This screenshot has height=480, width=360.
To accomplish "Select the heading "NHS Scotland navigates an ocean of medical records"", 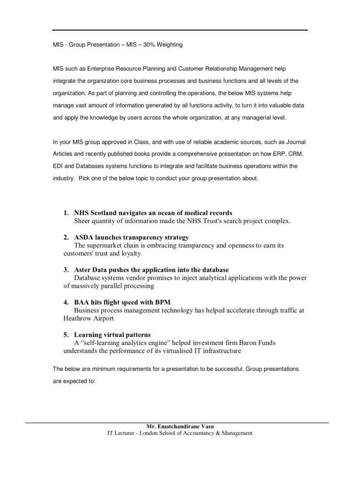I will pos(153,213).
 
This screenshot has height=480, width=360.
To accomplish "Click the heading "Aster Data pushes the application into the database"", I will pos(151,270).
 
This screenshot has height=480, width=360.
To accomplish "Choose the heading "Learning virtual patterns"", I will pos(112,335).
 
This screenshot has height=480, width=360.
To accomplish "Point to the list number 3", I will pos(66,270).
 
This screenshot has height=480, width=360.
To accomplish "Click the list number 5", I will pos(66,335).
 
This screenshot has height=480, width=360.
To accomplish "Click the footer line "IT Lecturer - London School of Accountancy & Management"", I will pos(180,434).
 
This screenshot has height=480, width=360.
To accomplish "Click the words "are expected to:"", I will pos(74,381).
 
